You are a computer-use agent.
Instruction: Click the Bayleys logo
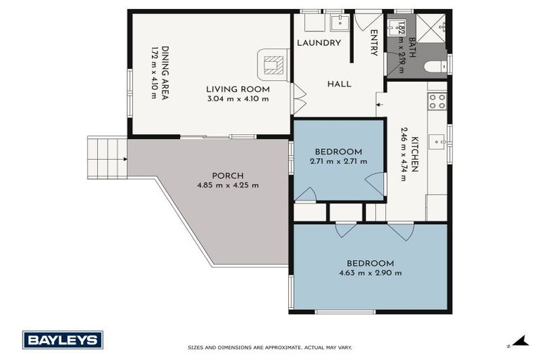pyautogui.click(x=63, y=340)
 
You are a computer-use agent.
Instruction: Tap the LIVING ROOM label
pyautogui.click(x=238, y=89)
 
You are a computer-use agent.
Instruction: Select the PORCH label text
pyautogui.click(x=228, y=176)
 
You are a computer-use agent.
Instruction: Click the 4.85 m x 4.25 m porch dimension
pyautogui.click(x=228, y=186)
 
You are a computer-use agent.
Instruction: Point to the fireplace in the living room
pyautogui.click(x=273, y=65)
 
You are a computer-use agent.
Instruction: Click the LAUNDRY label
pyautogui.click(x=319, y=43)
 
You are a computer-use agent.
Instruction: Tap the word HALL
pyautogui.click(x=339, y=84)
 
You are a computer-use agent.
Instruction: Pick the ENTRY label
pyautogui.click(x=374, y=42)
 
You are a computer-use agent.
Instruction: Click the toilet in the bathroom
pyautogui.click(x=435, y=67)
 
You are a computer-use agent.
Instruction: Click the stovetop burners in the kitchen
pyautogui.click(x=437, y=101)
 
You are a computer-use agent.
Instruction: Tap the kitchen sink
pyautogui.click(x=437, y=142)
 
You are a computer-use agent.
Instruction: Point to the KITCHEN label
pyautogui.click(x=415, y=154)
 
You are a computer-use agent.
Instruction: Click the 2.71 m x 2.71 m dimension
pyautogui.click(x=338, y=161)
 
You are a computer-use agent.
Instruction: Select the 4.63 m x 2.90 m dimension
pyautogui.click(x=371, y=274)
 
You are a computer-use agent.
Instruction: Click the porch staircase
pyautogui.click(x=107, y=157)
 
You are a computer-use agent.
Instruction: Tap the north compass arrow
pyautogui.click(x=520, y=341)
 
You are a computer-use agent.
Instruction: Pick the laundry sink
pyautogui.click(x=340, y=22)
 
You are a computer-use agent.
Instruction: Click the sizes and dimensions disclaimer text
pyautogui.click(x=270, y=347)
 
